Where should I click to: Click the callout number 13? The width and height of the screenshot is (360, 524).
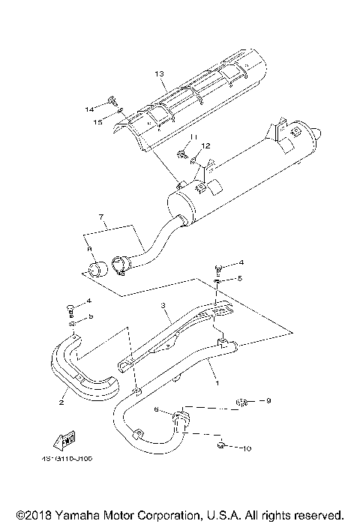point(158,73)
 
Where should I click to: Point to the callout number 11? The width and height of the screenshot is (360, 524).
point(191,137)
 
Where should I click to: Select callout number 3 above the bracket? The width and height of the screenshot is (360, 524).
point(161,306)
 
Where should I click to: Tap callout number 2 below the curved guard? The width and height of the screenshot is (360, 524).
point(61,402)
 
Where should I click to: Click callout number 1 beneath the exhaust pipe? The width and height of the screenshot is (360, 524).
point(217,382)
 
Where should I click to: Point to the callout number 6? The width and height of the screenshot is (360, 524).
point(156,409)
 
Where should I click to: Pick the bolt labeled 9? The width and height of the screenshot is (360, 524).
point(241,403)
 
